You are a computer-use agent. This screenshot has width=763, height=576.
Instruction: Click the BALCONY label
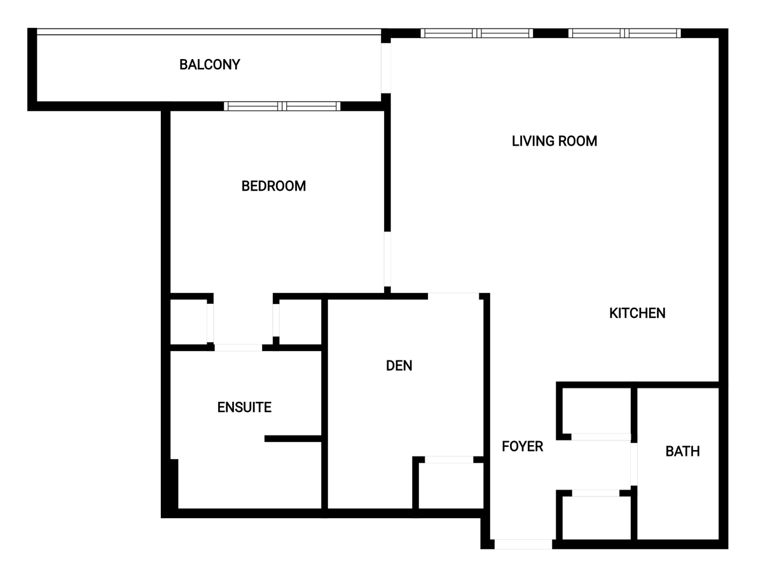click(x=210, y=65)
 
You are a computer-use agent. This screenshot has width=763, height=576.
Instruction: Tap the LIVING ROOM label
click(x=554, y=141)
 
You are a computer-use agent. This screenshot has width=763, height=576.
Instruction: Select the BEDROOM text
click(x=273, y=186)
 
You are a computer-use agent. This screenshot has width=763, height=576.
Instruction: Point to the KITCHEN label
click(x=637, y=313)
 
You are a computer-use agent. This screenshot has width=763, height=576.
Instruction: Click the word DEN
click(x=399, y=366)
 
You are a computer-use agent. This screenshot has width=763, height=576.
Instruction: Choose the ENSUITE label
click(x=244, y=407)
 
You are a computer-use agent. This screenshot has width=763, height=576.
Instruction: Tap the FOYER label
click(x=523, y=446)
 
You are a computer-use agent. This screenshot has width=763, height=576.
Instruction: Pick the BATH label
click(x=683, y=451)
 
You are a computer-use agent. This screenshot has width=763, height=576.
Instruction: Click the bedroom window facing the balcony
click(x=282, y=106)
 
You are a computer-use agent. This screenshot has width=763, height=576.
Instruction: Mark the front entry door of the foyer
click(x=523, y=544)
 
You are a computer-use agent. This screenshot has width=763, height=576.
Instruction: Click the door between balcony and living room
click(x=386, y=68)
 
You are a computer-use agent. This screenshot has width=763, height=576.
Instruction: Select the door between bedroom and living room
click(x=387, y=259)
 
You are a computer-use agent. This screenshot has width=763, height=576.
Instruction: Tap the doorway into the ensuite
click(x=238, y=347)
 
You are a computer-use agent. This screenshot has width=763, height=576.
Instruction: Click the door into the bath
click(x=634, y=465)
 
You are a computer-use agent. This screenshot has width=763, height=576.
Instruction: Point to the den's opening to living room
click(x=453, y=296)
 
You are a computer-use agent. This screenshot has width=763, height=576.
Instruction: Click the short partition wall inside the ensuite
click(x=292, y=439)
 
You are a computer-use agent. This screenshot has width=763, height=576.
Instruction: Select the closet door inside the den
click(x=449, y=460)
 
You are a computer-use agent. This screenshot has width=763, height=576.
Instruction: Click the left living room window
click(x=477, y=33)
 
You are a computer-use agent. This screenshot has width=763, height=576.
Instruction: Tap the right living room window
click(x=624, y=33)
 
